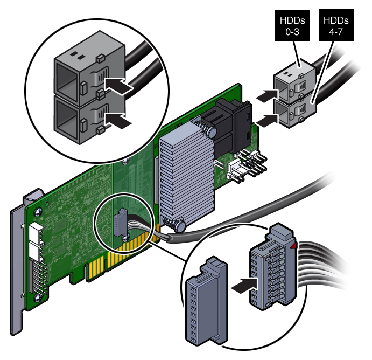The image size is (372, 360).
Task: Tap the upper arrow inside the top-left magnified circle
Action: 118,85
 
